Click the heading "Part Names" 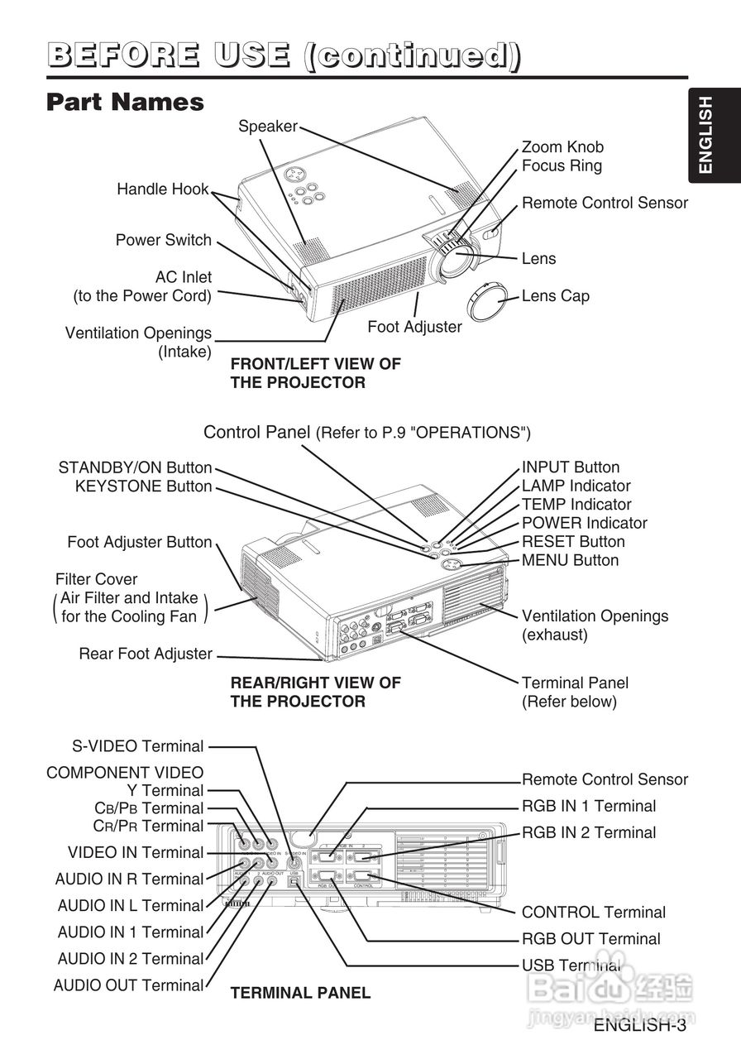[125, 102]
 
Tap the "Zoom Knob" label [562, 147]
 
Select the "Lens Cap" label [555, 296]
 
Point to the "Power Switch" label [164, 241]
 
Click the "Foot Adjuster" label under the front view [414, 327]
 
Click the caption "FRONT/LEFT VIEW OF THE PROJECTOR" [315, 373]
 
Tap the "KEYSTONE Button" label [143, 486]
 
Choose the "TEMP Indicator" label [576, 505]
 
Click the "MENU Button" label [570, 561]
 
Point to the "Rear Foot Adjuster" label [146, 654]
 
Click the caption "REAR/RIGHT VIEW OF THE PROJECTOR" [315, 692]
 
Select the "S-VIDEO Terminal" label [137, 746]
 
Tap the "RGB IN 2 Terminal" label [588, 833]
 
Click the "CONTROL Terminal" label [593, 913]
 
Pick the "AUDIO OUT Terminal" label [128, 985]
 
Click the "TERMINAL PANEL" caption [300, 993]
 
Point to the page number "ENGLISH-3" [639, 1026]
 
